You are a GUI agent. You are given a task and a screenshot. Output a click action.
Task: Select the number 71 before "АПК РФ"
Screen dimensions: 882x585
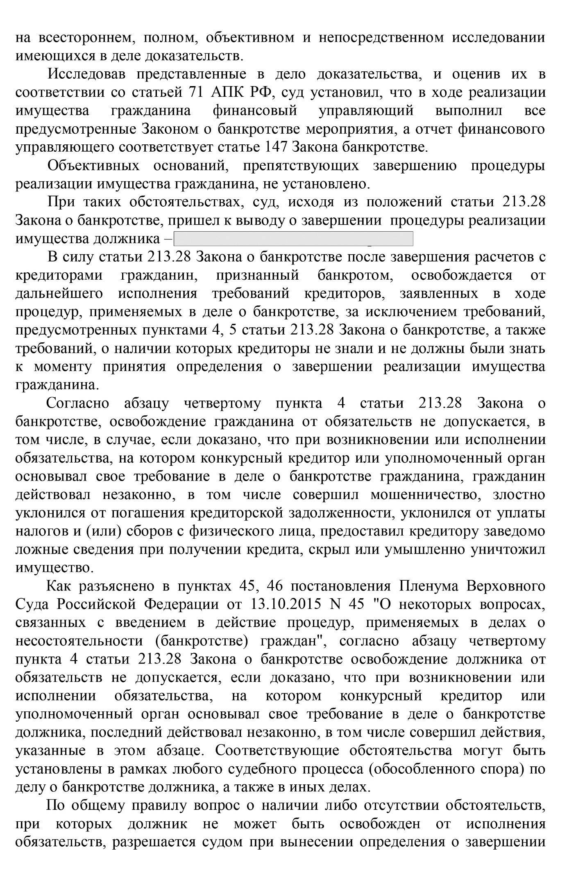[x=196, y=93]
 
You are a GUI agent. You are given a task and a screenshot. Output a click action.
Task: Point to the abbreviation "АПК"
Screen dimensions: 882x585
[x=226, y=93]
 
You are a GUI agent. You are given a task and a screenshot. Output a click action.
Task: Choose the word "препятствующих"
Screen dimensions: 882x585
[x=301, y=166]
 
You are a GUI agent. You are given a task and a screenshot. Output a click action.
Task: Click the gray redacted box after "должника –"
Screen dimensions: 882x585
[x=293, y=239]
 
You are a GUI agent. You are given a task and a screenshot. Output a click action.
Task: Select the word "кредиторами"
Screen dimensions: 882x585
[x=59, y=276]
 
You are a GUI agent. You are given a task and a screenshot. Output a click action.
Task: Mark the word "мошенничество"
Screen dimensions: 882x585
[x=424, y=495]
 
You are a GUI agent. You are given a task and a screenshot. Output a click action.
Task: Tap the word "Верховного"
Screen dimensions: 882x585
[x=506, y=586]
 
